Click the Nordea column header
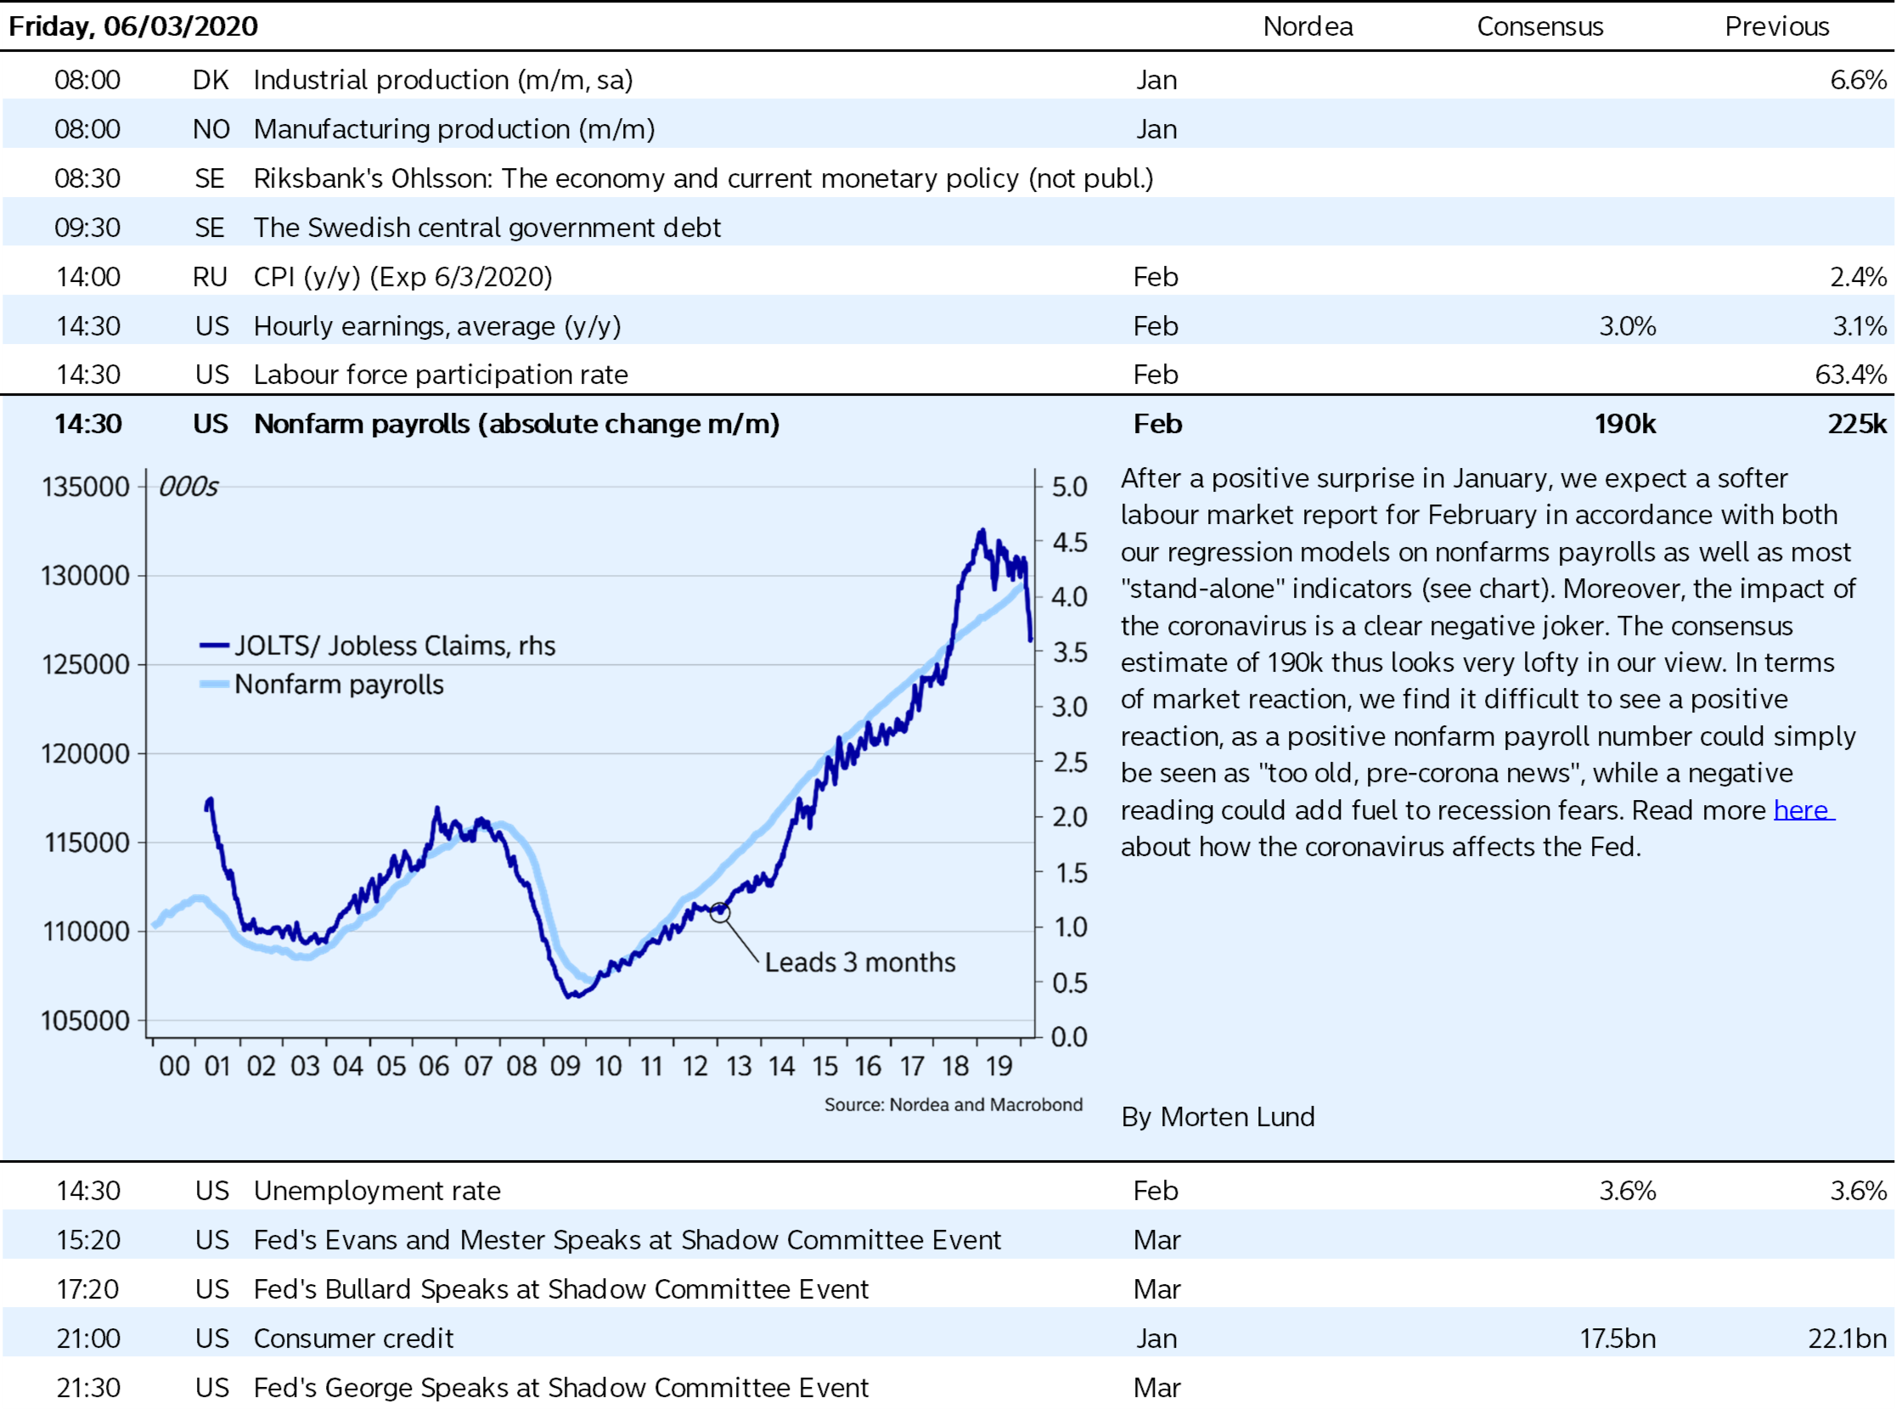[1307, 26]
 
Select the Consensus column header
[1539, 26]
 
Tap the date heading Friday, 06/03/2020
[133, 26]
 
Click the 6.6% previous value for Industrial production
[1858, 80]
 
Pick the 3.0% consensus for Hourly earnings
[1627, 326]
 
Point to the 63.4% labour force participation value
[1850, 375]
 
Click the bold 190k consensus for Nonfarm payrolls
[1624, 424]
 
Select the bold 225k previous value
[1856, 424]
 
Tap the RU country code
[210, 277]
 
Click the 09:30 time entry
[87, 228]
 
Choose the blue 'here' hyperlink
[1803, 809]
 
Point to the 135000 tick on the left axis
[85, 487]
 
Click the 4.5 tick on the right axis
[1069, 543]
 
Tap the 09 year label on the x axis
[565, 1066]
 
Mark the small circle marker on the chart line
[720, 913]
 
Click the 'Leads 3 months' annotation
[859, 962]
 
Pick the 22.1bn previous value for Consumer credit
[1847, 1339]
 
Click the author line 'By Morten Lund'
[1218, 1117]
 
